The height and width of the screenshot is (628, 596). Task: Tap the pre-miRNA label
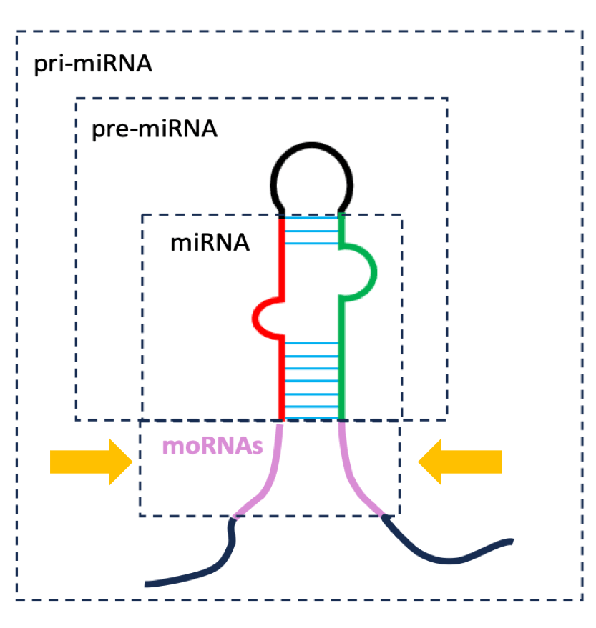pyautogui.click(x=155, y=130)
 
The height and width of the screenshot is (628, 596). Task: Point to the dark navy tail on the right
pyautogui.click(x=444, y=556)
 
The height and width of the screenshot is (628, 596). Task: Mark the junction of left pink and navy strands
pyautogui.click(x=234, y=517)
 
